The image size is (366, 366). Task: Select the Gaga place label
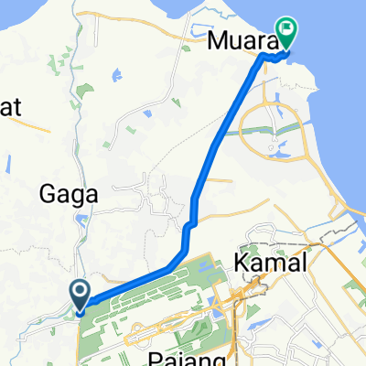coord(83,195)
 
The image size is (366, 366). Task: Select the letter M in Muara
coord(216,40)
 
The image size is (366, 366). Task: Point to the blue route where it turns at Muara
coord(263,57)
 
